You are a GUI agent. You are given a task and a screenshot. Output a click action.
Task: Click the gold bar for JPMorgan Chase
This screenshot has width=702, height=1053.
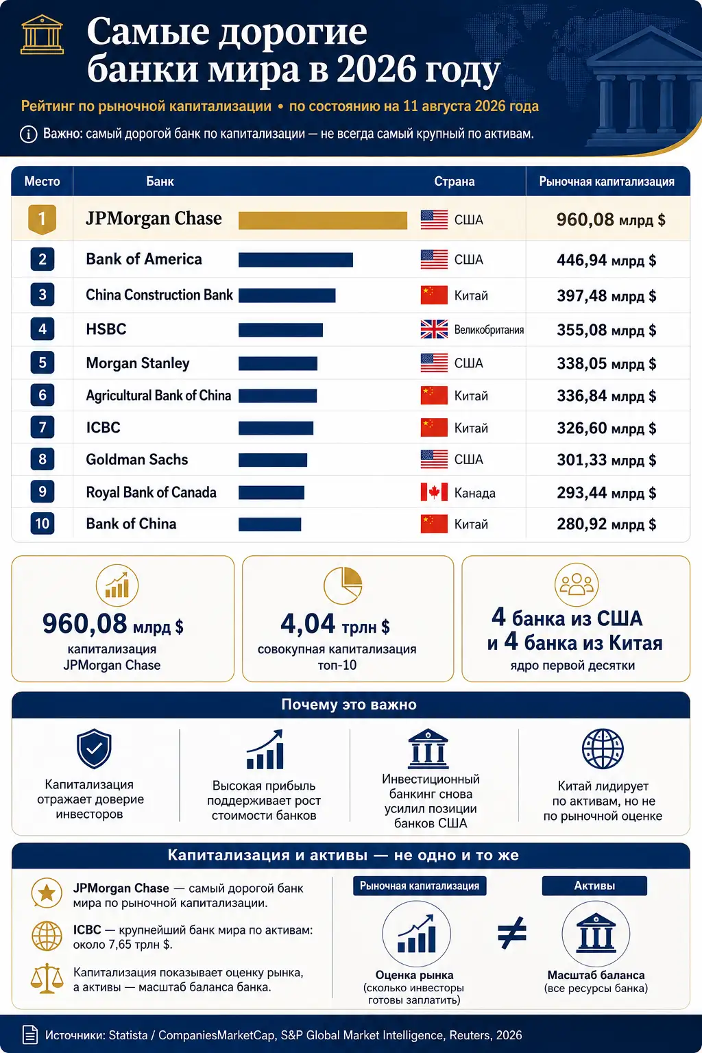[323, 220]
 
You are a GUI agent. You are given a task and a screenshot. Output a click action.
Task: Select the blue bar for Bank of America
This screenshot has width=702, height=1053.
[295, 260]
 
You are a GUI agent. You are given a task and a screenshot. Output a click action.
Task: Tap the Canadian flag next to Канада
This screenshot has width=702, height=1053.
[434, 492]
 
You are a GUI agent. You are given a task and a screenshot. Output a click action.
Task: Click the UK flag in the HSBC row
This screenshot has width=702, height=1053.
[434, 329]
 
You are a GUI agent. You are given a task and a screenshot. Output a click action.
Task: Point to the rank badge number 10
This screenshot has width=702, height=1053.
[43, 523]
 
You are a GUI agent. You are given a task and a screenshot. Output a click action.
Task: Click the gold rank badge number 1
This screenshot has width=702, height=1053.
[43, 219]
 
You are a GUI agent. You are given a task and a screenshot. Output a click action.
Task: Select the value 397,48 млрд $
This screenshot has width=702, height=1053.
[607, 295]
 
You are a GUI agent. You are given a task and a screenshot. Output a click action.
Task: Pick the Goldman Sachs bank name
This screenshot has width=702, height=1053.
[137, 459]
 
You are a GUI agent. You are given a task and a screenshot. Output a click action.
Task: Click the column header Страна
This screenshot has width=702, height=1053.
[455, 182]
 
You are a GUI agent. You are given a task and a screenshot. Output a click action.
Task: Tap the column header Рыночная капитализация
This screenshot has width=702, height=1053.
[607, 182]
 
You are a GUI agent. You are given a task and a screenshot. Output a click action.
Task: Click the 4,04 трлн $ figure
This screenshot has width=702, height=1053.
[335, 624]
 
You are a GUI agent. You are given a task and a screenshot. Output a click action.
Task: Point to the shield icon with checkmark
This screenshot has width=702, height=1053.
[94, 749]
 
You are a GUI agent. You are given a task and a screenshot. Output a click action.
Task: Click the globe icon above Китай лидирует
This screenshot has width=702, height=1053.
[603, 749]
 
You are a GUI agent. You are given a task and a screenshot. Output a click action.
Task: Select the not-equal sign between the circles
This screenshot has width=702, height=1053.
[512, 932]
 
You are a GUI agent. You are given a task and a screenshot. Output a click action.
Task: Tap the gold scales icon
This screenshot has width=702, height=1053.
[47, 978]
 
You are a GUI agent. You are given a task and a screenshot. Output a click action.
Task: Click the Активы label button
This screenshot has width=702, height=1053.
[594, 886]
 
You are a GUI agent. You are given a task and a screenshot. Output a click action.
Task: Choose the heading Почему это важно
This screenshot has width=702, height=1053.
[349, 704]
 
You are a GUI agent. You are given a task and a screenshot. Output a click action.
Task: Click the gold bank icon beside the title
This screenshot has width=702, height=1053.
[42, 34]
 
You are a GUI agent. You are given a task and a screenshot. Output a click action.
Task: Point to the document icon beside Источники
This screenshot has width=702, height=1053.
[30, 1034]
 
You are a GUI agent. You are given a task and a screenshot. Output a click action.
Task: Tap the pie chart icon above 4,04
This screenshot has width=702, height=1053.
[343, 585]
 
